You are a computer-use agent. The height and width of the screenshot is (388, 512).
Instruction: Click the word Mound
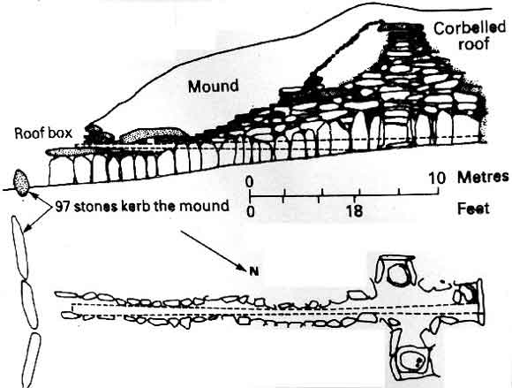pos(214,87)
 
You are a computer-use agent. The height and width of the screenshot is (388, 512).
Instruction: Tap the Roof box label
pos(43,133)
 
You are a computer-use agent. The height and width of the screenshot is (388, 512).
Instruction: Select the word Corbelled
pos(470,29)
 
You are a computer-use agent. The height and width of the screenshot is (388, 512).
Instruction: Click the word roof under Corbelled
pos(473,44)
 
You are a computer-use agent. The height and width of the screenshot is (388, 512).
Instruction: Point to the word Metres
pos(483,178)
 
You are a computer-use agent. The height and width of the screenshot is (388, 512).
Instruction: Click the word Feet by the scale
pos(473,209)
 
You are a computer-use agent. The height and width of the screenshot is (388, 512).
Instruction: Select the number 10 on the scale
pos(437,179)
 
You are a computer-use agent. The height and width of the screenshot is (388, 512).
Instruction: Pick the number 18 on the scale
pos(355,211)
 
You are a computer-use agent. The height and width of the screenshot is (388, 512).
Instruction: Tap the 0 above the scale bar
pos(250,181)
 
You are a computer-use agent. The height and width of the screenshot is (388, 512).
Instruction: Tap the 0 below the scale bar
pos(250,212)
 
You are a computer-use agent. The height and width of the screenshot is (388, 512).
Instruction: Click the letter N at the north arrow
pos(252,271)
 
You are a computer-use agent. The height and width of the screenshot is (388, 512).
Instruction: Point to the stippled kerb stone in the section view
pos(21,183)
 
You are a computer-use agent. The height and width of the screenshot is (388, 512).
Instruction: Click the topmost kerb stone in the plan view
pos(20,247)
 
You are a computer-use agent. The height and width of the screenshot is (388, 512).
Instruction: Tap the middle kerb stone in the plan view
pos(30,304)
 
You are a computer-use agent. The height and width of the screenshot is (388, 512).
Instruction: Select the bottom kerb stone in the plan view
pos(32,361)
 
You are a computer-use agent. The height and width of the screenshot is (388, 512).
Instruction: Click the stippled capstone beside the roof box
pos(152,134)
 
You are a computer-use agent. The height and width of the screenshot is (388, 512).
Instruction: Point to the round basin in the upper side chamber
pos(396,275)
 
